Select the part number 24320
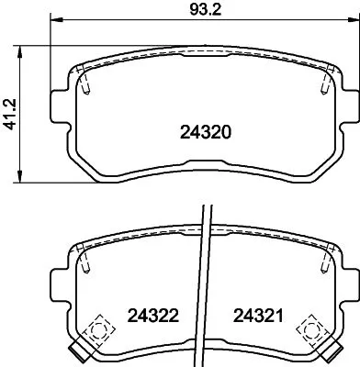pyautogui.click(x=202, y=132)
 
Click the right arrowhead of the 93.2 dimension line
pyautogui.click(x=354, y=23)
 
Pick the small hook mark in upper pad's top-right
pyautogui.click(x=325, y=84)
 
